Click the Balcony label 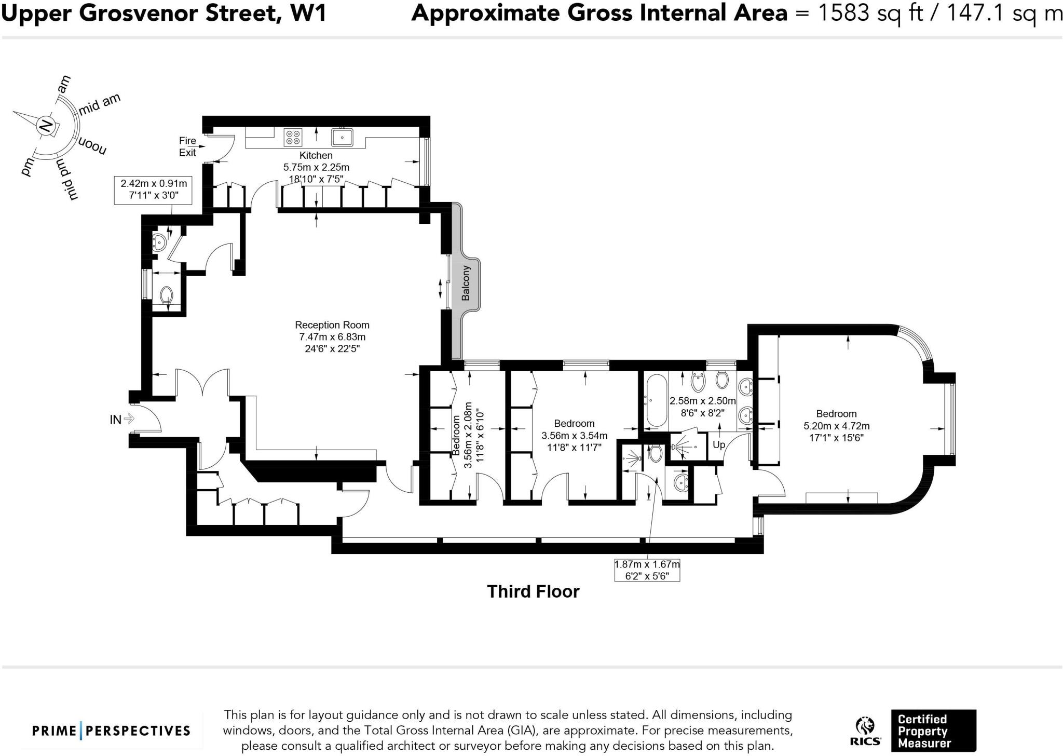click(x=466, y=283)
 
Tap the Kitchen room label click(x=316, y=155)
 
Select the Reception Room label click(x=332, y=325)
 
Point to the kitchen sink click(x=343, y=137)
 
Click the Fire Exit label click(x=187, y=146)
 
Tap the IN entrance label click(x=116, y=419)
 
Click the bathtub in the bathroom click(x=656, y=400)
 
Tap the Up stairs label click(x=719, y=445)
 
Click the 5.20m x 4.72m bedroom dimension click(x=837, y=426)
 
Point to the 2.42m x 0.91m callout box click(x=154, y=190)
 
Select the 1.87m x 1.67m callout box click(x=647, y=570)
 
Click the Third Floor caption click(x=533, y=591)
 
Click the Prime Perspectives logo click(x=111, y=731)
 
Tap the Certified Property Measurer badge click(x=933, y=731)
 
